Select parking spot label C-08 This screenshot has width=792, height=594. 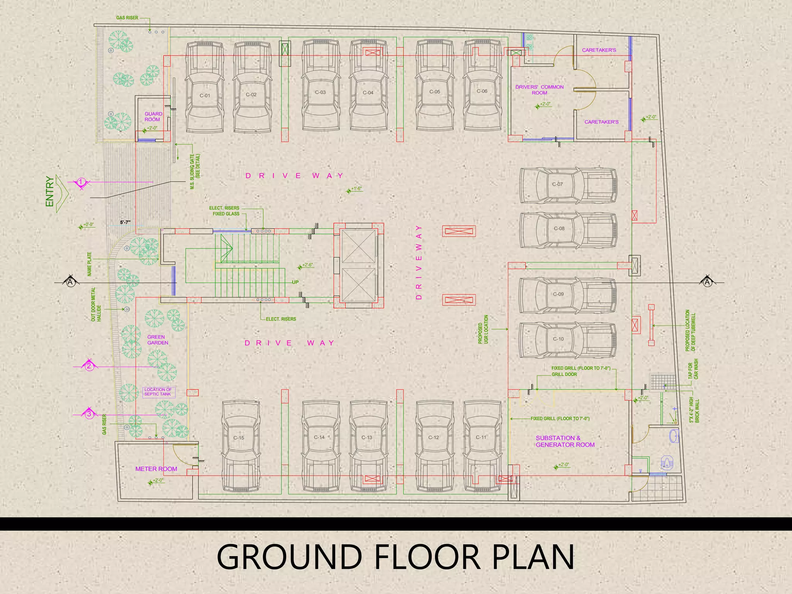(x=559, y=229)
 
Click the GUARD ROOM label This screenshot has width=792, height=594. (x=153, y=116)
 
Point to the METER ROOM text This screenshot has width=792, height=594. (x=156, y=469)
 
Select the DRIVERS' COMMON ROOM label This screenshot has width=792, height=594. (x=539, y=90)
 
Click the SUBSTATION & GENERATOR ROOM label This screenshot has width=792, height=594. (x=565, y=441)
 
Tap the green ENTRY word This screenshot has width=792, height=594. (x=49, y=191)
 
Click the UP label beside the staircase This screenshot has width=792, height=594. (x=295, y=282)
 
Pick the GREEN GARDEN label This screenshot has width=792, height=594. (x=157, y=340)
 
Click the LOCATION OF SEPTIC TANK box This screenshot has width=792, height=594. (x=159, y=392)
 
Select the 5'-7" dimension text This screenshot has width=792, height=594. (x=125, y=222)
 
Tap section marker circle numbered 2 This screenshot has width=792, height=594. (x=89, y=366)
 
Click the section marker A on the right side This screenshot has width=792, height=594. (x=707, y=282)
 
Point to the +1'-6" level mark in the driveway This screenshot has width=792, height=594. (x=356, y=189)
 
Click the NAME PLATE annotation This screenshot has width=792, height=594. (x=89, y=264)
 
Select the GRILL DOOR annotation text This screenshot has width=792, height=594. (x=564, y=374)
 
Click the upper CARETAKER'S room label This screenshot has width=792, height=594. (x=599, y=50)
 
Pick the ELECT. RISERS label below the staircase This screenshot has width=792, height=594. (x=281, y=319)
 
